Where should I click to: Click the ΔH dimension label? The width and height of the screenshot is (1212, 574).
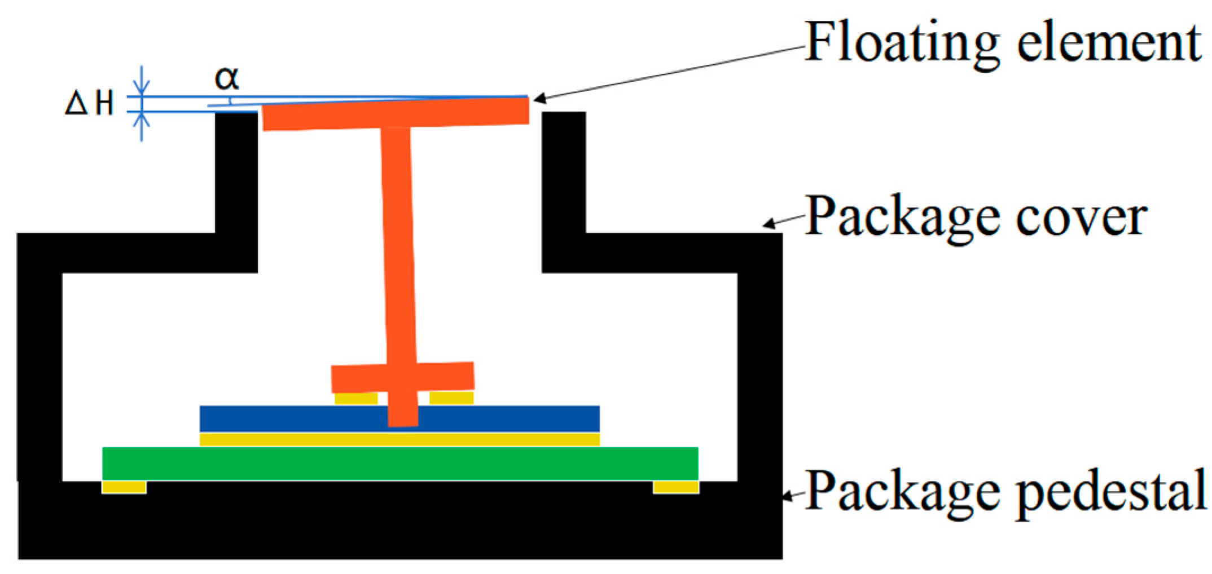pyautogui.click(x=90, y=104)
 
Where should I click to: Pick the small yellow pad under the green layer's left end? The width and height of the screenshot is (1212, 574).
pyautogui.click(x=124, y=487)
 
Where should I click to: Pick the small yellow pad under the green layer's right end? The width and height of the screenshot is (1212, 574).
pyautogui.click(x=676, y=487)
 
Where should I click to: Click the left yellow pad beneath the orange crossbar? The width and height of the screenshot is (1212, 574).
pyautogui.click(x=356, y=399)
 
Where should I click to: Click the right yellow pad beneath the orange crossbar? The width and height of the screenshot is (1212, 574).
pyautogui.click(x=451, y=398)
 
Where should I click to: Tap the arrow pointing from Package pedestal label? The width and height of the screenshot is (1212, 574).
pyautogui.click(x=793, y=496)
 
